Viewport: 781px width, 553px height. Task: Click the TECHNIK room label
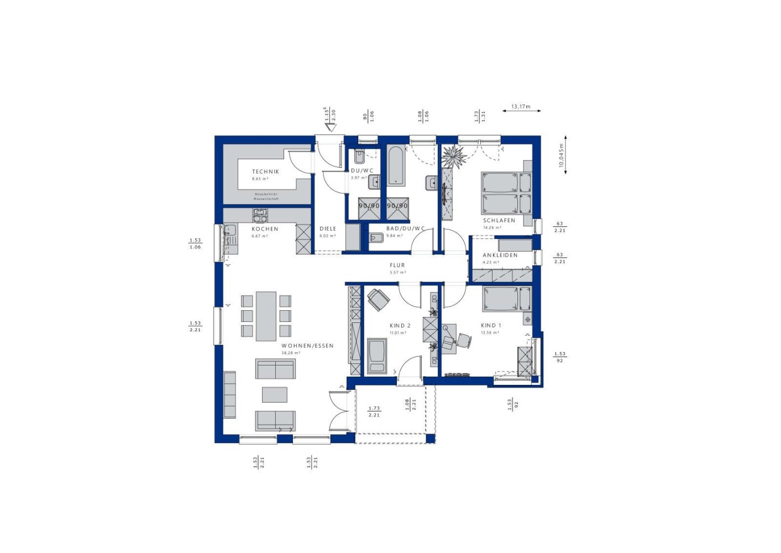pos(265,172)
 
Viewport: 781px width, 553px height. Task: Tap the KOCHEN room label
pos(265,229)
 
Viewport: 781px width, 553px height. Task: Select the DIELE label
pos(328,229)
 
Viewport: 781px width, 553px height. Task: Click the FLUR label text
pos(397,265)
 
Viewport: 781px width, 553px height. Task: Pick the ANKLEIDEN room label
pos(500,255)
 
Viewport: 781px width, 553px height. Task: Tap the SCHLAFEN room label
pos(499,221)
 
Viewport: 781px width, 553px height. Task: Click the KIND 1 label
pos(491,326)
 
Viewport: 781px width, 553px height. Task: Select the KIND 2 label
pos(400,326)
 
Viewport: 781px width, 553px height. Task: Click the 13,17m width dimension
pos(521,107)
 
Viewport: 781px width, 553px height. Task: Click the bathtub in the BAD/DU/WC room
pos(396,165)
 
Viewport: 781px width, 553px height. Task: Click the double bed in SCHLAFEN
pos(506,193)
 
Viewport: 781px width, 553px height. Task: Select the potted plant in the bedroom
pos(454,156)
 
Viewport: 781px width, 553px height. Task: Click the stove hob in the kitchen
pos(260,215)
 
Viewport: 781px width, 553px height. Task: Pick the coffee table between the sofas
pos(274,394)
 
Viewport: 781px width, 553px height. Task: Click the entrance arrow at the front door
pos(331,128)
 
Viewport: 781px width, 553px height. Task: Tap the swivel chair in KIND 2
pos(379,299)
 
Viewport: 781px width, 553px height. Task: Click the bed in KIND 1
pos(506,299)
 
